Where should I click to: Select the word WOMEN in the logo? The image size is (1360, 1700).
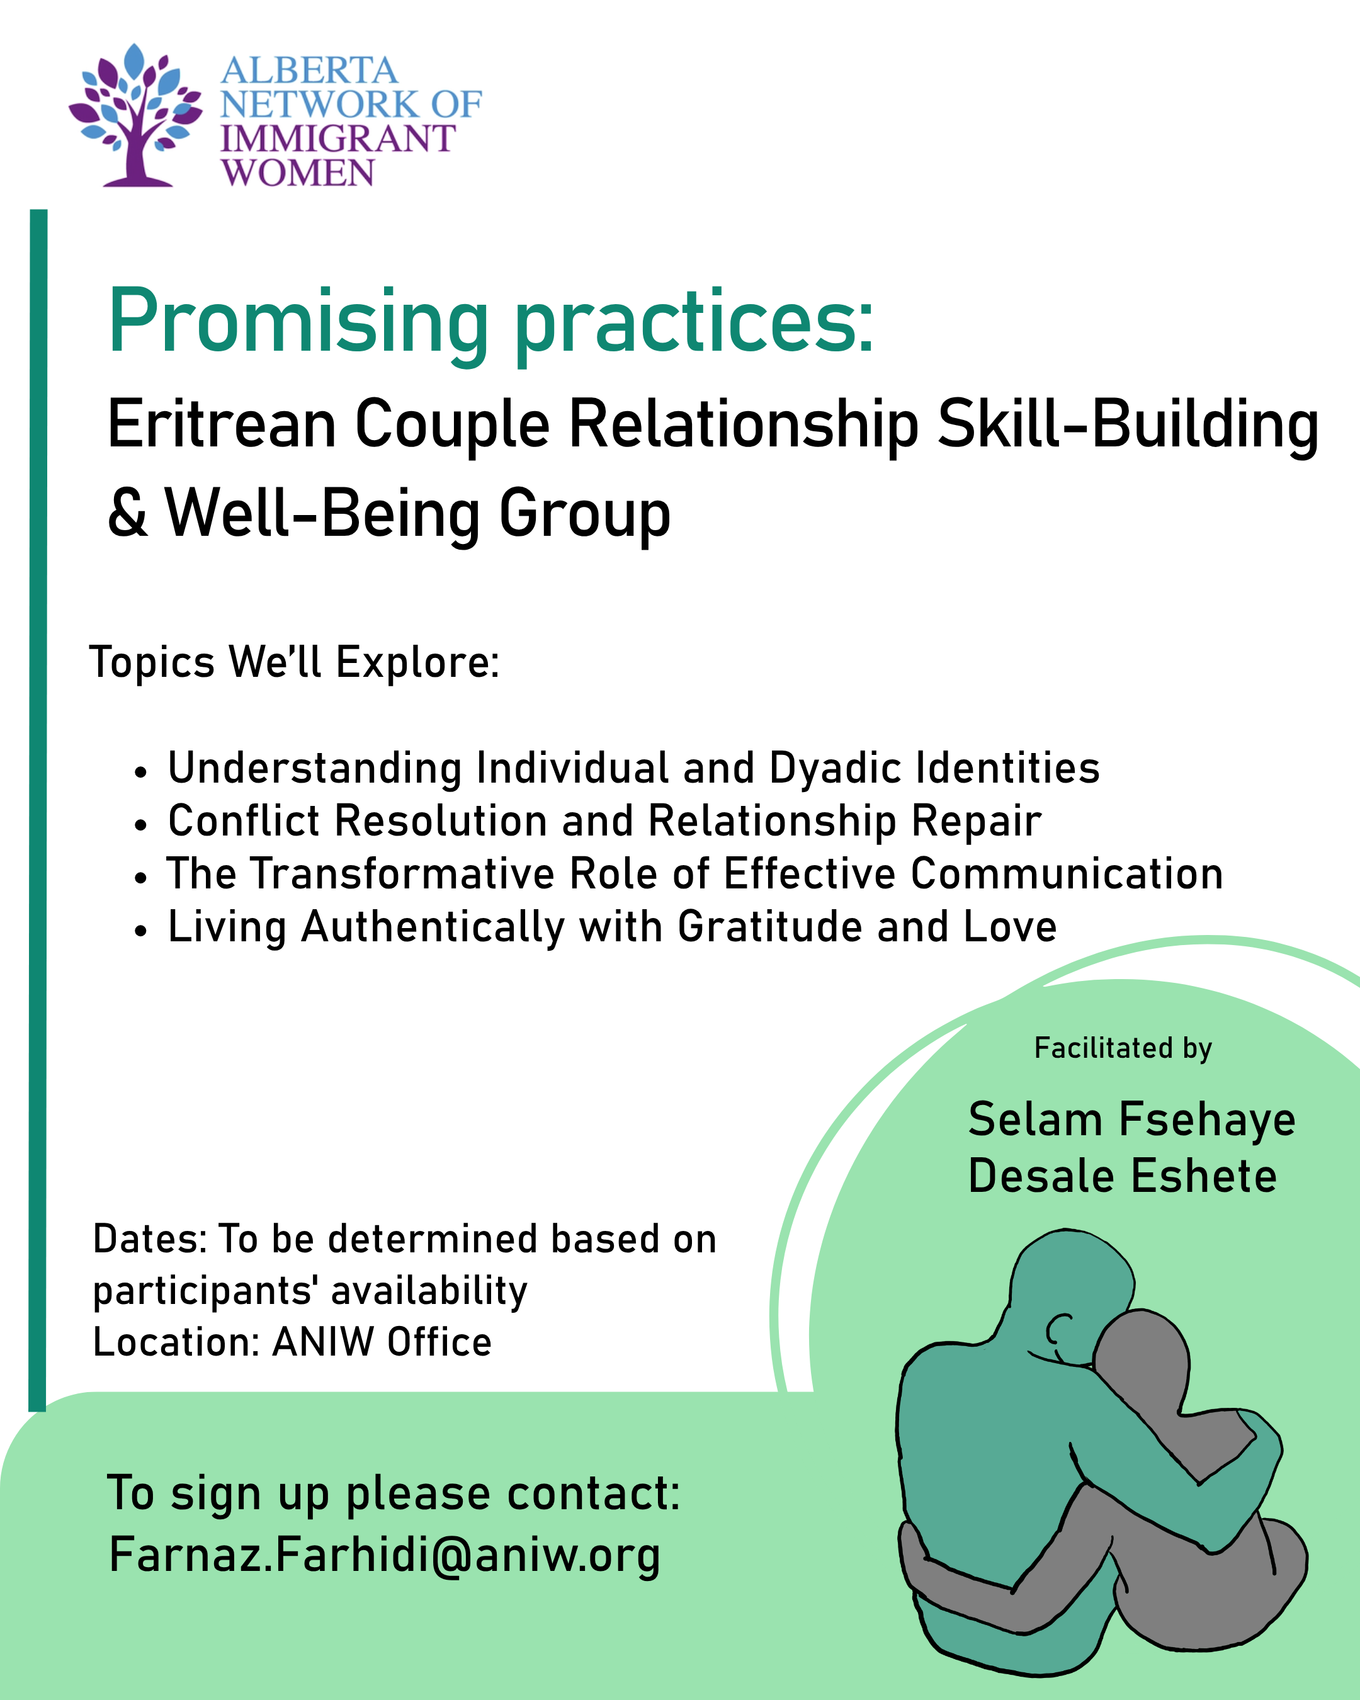298,173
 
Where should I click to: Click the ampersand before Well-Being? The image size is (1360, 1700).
128,513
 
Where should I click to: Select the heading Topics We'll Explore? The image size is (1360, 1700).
294,662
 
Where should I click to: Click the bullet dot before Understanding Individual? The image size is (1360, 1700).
140,773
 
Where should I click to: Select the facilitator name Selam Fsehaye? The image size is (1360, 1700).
1131,1121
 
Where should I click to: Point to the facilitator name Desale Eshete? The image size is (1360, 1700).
1122,1177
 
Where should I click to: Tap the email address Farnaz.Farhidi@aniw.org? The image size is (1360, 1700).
384,1556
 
